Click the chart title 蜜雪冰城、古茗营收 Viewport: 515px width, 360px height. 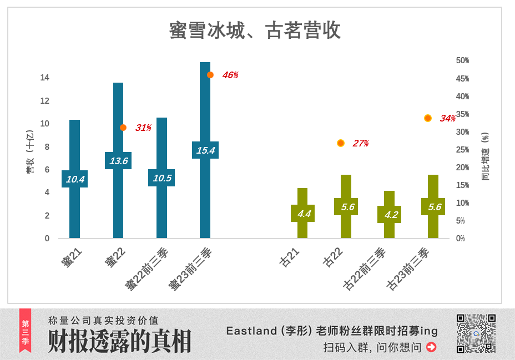point(255,31)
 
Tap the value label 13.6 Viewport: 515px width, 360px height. point(118,161)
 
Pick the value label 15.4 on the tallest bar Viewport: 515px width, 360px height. point(205,150)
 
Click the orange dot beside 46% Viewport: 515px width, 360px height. point(210,75)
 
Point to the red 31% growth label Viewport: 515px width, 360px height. point(143,128)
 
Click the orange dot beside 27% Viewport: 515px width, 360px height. point(341,143)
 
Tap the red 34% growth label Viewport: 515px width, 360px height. point(447,118)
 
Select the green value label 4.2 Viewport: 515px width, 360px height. point(390,215)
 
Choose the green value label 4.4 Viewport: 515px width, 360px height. point(303,214)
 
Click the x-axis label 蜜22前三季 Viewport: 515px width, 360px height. point(146,270)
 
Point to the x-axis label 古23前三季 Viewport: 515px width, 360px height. point(408,270)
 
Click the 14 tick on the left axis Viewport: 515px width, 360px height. point(44,78)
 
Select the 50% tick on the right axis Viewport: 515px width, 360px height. point(462,60)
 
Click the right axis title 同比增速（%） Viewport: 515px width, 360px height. point(486,156)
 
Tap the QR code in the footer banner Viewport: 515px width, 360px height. point(476,333)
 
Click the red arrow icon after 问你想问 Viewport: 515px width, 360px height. point(431,347)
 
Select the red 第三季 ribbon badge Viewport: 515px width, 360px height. point(26,331)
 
